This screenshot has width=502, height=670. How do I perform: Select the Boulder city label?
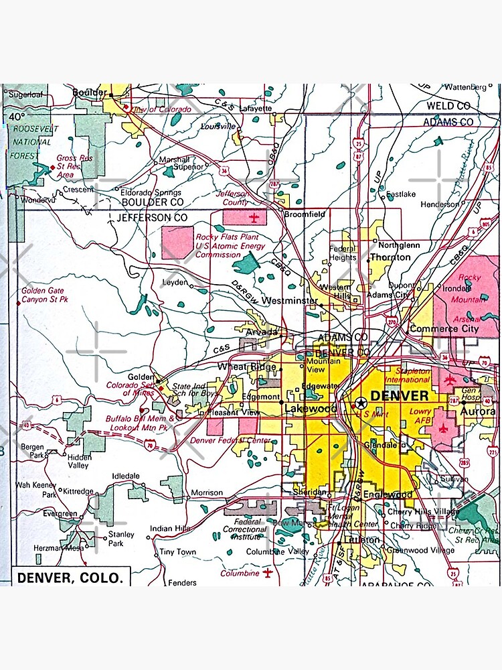coord(89,92)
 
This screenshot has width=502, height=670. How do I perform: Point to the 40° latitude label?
coord(17,116)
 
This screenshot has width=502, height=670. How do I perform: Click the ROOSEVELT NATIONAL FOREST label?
coord(33,141)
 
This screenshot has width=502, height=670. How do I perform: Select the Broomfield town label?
coord(305,214)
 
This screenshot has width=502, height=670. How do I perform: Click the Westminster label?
coord(289,301)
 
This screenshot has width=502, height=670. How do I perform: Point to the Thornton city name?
coord(390,257)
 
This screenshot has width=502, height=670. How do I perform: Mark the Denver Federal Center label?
coord(231,440)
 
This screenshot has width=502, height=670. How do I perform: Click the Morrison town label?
coord(207,492)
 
